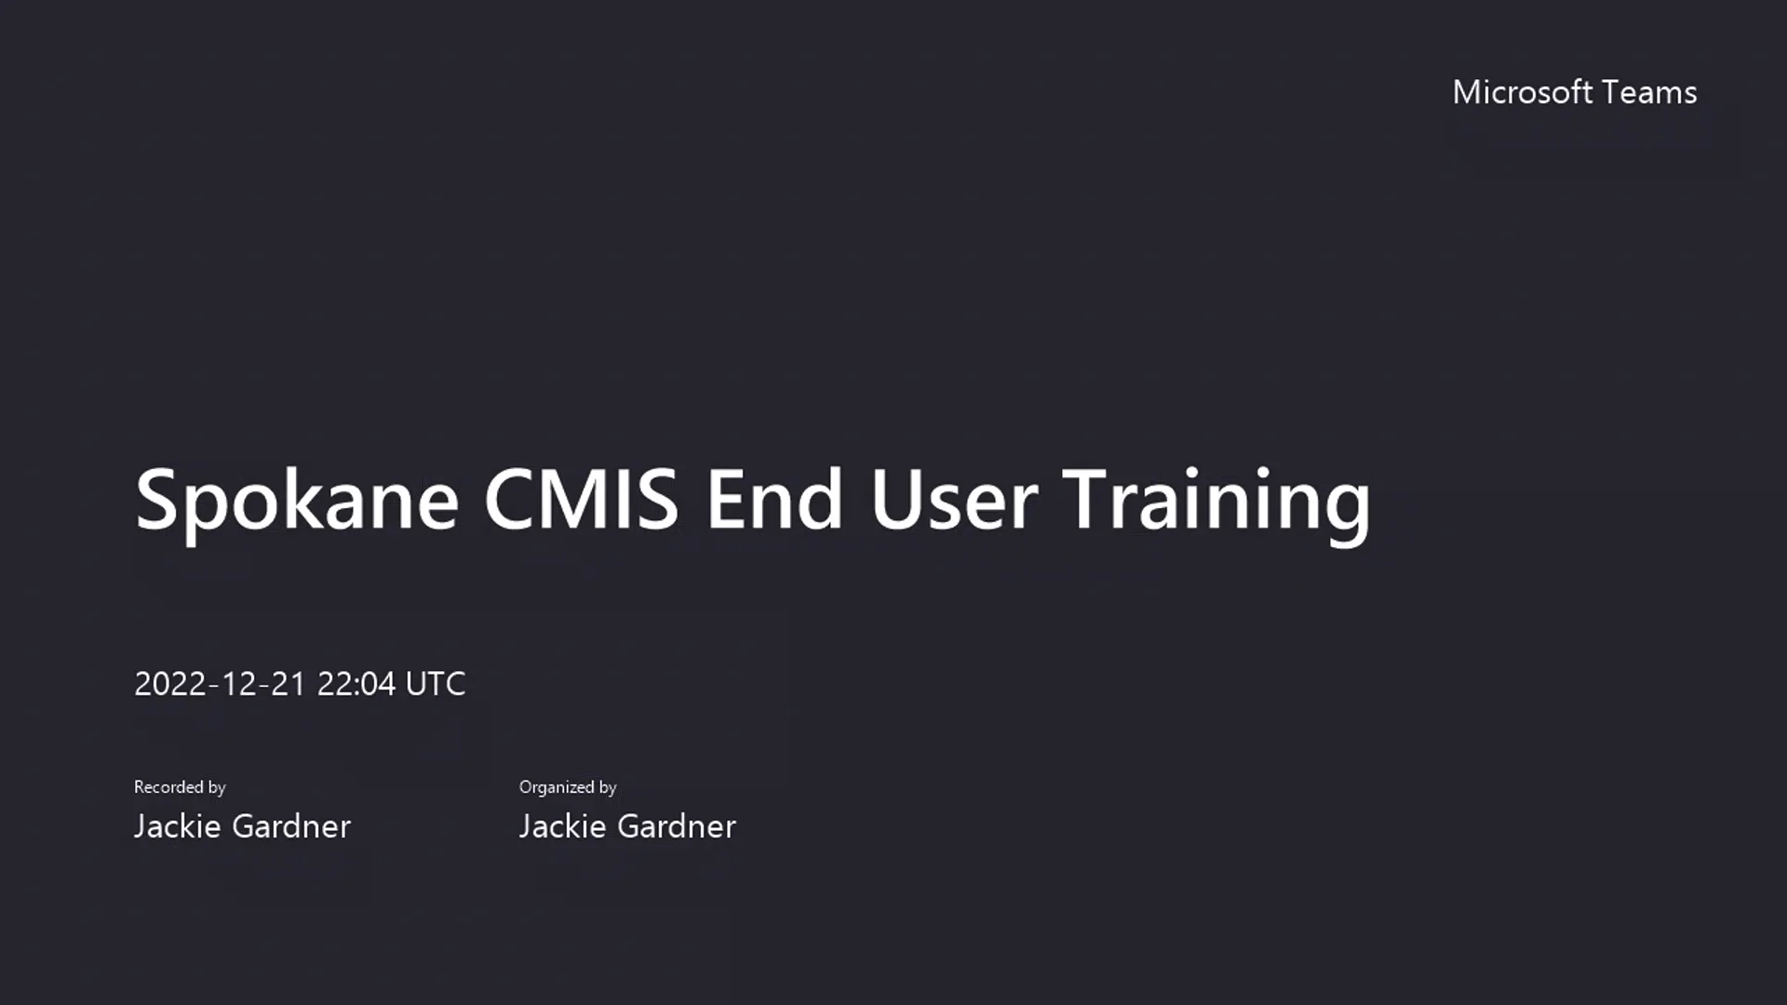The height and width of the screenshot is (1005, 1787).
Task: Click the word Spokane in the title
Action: click(x=297, y=502)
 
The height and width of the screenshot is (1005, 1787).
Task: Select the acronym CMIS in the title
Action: click(x=581, y=500)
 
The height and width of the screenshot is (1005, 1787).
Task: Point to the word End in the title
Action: click(x=774, y=500)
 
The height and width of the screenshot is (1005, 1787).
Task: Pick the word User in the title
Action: click(x=953, y=500)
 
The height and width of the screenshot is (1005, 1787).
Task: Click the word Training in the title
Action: click(x=1216, y=502)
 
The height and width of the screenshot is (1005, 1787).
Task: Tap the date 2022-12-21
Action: click(x=220, y=684)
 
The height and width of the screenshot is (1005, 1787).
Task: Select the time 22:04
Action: click(x=356, y=684)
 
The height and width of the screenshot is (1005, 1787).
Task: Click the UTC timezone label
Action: click(x=436, y=684)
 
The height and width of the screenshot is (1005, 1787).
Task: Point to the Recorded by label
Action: click(x=180, y=787)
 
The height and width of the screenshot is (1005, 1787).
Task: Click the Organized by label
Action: click(x=568, y=787)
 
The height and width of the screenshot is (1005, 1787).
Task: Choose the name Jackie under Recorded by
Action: click(x=177, y=826)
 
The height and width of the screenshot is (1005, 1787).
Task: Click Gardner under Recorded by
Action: click(x=290, y=826)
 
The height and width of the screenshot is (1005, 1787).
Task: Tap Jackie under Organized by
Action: click(x=562, y=826)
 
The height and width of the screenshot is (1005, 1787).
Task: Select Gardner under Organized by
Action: click(x=676, y=826)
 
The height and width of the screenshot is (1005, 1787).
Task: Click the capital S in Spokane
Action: click(x=156, y=500)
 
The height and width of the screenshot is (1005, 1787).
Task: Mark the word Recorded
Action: click(x=168, y=787)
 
